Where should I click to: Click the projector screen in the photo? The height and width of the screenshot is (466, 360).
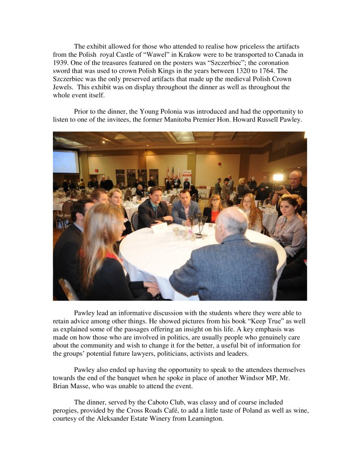tap(66, 161)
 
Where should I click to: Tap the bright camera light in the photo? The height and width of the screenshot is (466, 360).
tap(278, 177)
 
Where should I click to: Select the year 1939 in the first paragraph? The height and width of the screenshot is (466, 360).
tap(61, 63)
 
